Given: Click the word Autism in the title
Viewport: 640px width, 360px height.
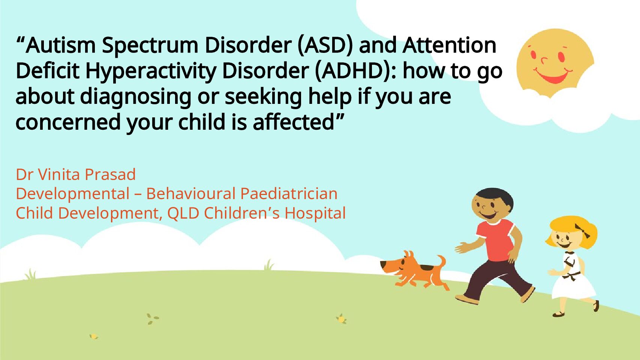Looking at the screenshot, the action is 60,45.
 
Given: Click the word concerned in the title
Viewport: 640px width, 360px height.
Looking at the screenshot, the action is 68,122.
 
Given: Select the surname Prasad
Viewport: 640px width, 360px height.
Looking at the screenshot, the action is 110,174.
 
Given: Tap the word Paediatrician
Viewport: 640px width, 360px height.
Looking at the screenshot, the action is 289,194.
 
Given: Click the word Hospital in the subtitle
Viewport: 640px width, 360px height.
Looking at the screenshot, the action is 315,213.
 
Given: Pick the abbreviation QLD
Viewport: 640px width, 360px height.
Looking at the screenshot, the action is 183,213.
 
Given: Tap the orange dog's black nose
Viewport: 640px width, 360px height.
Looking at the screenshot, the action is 383,264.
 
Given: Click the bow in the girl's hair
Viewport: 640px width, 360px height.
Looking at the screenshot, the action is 582,231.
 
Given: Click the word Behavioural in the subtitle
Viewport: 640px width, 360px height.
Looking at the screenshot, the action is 191,194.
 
